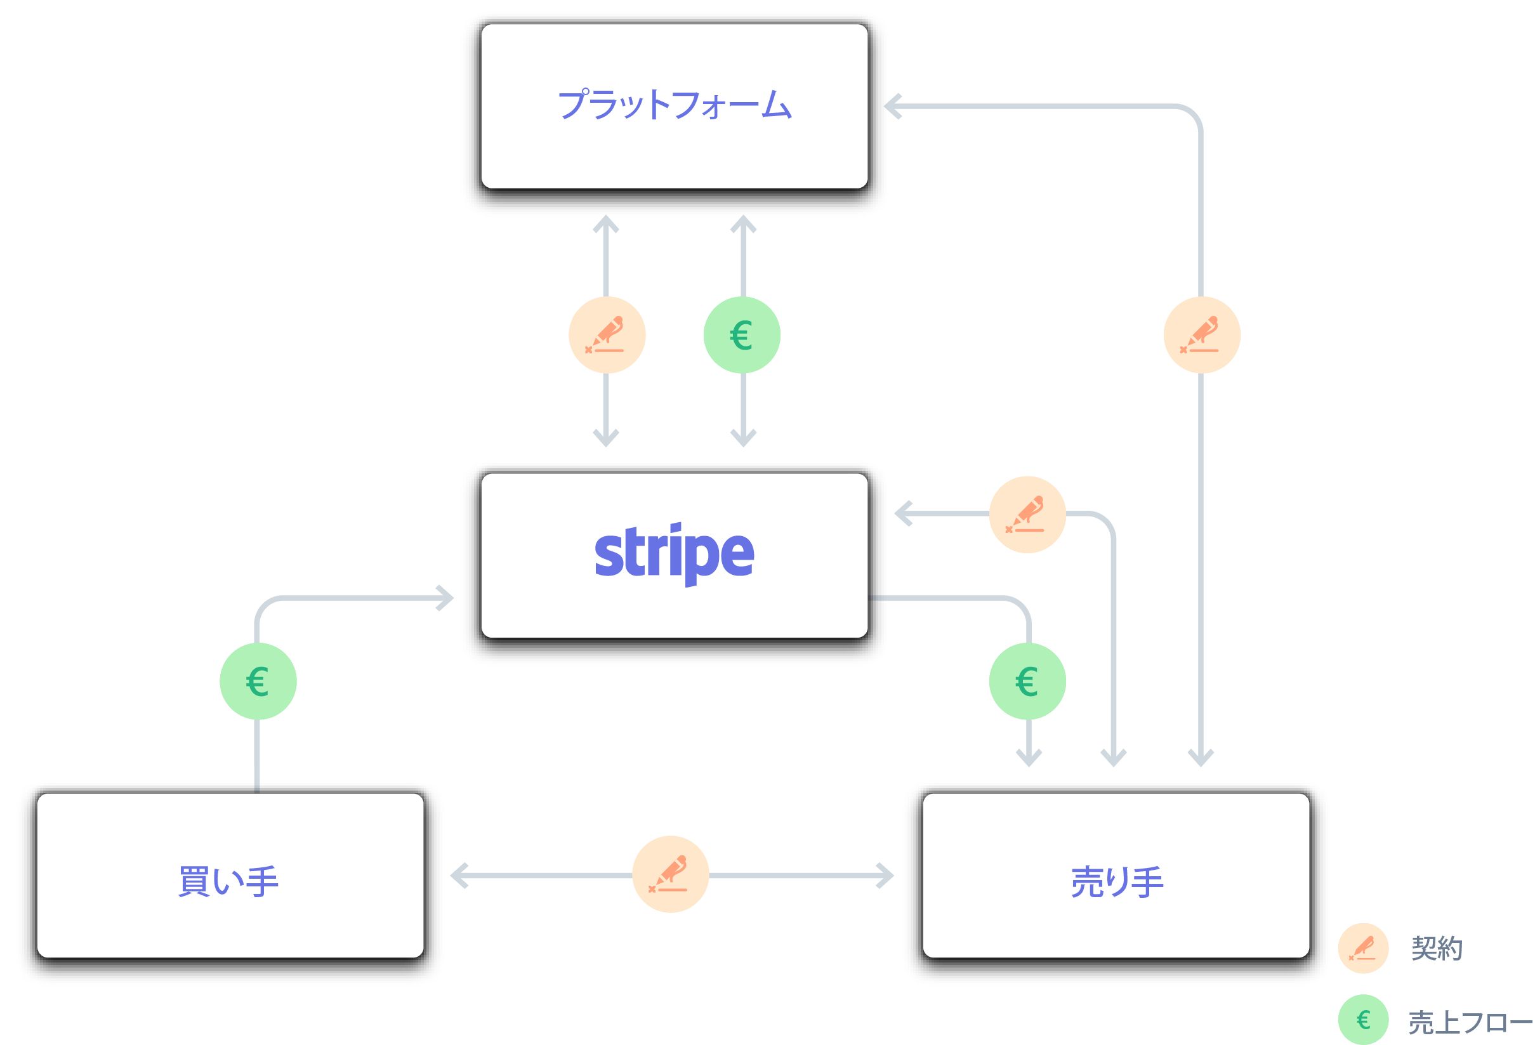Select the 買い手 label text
coord(228,881)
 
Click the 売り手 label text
coord(1117,881)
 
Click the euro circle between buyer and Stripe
coord(258,681)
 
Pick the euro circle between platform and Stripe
coord(742,335)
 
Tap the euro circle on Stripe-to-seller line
coord(1027,681)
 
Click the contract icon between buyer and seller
coord(670,874)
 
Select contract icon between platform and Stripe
coord(607,335)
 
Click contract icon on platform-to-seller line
coord(1201,335)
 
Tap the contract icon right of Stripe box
coord(1027,514)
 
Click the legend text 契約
coord(1437,948)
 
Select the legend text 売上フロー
coord(1470,1022)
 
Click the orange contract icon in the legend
coord(1363,948)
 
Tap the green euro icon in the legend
coord(1363,1019)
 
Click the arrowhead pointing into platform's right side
coord(893,106)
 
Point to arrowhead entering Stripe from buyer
coord(446,598)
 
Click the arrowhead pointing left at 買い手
coord(458,875)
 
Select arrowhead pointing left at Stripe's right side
coord(903,513)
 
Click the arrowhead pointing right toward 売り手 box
coord(886,875)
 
